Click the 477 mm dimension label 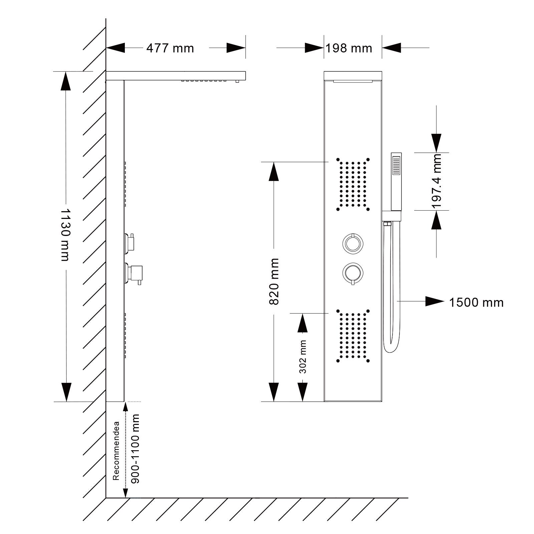click(x=170, y=48)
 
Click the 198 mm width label click(x=349, y=48)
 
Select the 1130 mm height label click(x=65, y=235)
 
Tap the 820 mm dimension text click(x=274, y=281)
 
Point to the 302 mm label click(x=303, y=357)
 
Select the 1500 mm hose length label click(x=476, y=303)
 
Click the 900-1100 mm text click(x=135, y=449)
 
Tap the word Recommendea click(x=116, y=451)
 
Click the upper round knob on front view click(x=353, y=243)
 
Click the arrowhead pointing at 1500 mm click(x=434, y=301)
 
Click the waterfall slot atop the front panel click(x=353, y=81)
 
